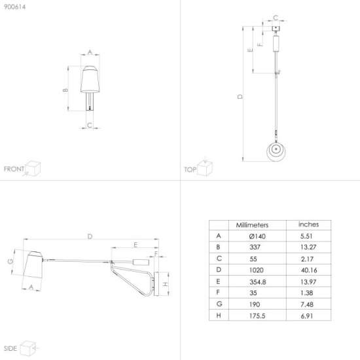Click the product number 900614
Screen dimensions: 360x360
(x=14, y=7)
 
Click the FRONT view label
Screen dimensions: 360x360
(x=14, y=169)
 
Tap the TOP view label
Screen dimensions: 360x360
(x=190, y=170)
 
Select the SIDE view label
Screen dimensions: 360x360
(x=10, y=348)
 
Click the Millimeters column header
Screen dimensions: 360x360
(x=252, y=225)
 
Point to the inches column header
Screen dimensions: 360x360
(x=308, y=225)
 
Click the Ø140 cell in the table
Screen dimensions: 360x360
(x=257, y=236)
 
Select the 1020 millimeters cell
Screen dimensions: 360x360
(x=256, y=270)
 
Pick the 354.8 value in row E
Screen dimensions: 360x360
(x=258, y=282)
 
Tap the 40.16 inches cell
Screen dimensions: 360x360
(x=309, y=270)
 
